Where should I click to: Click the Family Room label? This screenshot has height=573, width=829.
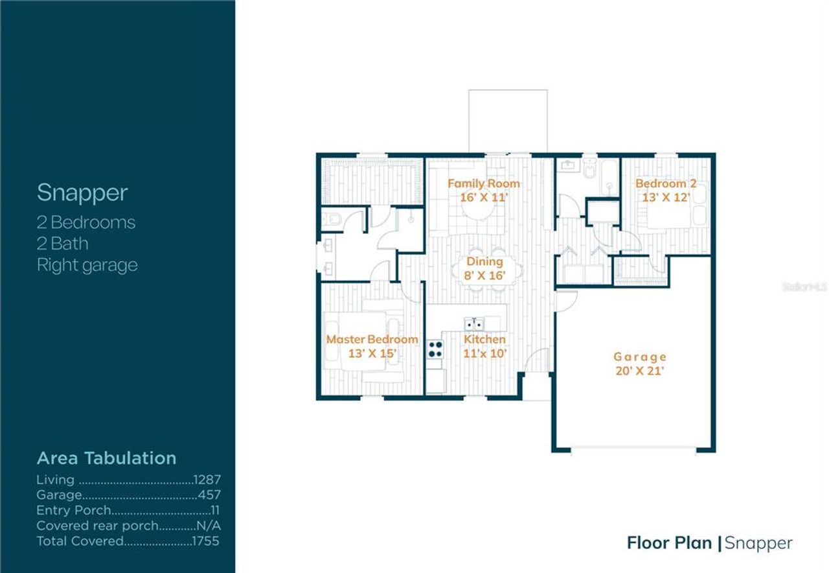tap(483, 184)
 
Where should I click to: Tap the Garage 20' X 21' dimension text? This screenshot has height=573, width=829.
tap(640, 371)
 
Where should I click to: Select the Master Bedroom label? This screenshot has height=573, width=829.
tap(372, 340)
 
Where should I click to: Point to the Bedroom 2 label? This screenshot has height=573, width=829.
tap(665, 184)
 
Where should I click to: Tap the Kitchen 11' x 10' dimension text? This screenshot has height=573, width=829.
tap(484, 353)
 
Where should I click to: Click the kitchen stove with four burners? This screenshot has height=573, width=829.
tap(435, 350)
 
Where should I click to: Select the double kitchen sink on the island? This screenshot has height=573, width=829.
tap(475, 323)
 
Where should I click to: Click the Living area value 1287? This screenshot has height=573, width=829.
tap(207, 480)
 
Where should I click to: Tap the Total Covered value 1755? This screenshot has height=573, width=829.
tap(206, 541)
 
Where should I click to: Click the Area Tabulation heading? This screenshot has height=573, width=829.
tap(106, 458)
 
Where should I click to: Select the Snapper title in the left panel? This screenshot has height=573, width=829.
tap(82, 193)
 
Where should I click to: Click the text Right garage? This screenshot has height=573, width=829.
tap(87, 265)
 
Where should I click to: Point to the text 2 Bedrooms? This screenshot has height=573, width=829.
tap(85, 222)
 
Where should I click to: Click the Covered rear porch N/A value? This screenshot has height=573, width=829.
tap(209, 526)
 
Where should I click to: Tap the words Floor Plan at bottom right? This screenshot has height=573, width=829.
tap(669, 543)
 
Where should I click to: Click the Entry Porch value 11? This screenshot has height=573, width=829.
tap(215, 511)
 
